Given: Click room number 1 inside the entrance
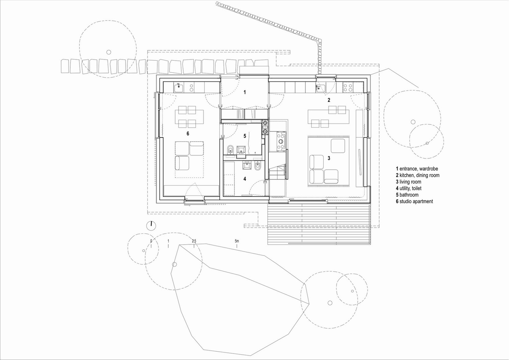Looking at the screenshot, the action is pyautogui.click(x=245, y=92).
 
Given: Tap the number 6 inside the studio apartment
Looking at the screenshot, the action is pyautogui.click(x=188, y=133).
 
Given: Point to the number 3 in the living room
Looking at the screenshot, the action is pyautogui.click(x=329, y=158).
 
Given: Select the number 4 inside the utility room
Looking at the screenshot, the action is pyautogui.click(x=245, y=179).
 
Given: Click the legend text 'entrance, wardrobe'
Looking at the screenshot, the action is pyautogui.click(x=418, y=169).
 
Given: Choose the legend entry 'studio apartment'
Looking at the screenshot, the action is pyautogui.click(x=416, y=202).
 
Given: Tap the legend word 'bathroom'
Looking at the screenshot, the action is pyautogui.click(x=409, y=195).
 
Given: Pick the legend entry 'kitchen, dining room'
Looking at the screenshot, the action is pyautogui.click(x=420, y=175).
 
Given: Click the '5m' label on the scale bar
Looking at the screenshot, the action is pyautogui.click(x=237, y=241).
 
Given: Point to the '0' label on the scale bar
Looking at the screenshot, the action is pyautogui.click(x=151, y=241).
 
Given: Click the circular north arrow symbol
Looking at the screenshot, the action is pyautogui.click(x=151, y=225).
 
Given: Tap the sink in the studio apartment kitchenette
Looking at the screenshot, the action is pyautogui.click(x=179, y=88).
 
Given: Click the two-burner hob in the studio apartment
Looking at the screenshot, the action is pyautogui.click(x=191, y=88).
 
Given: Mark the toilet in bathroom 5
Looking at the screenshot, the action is pyautogui.click(x=230, y=149).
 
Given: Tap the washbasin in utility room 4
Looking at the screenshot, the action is pyautogui.click(x=247, y=165).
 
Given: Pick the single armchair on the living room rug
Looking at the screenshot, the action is pyautogui.click(x=338, y=146).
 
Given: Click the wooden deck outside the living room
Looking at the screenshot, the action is pyautogui.click(x=319, y=224).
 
